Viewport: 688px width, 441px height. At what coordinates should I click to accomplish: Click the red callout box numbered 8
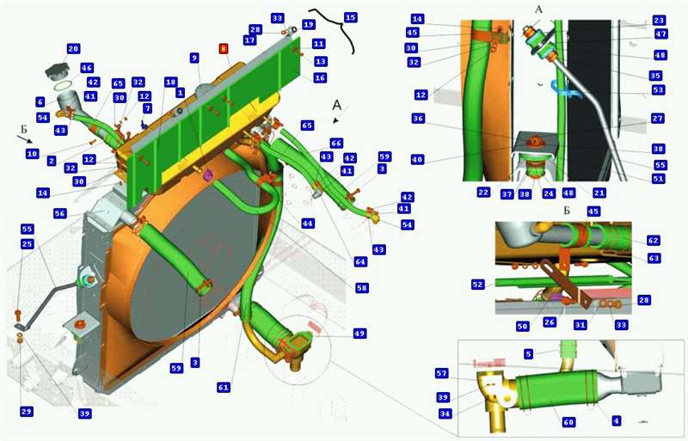click(224, 48)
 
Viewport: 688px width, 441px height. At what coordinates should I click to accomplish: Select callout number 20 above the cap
click(73, 48)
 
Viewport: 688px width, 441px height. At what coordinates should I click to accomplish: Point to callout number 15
click(350, 17)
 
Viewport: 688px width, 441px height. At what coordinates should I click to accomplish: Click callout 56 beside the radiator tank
click(60, 213)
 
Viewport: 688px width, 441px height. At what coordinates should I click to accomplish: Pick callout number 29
click(27, 412)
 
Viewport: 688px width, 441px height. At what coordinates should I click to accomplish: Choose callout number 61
click(224, 387)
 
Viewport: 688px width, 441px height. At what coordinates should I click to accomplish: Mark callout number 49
click(360, 333)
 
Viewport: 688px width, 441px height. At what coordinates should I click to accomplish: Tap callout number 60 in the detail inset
click(568, 422)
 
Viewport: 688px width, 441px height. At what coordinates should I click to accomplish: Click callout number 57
click(442, 373)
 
